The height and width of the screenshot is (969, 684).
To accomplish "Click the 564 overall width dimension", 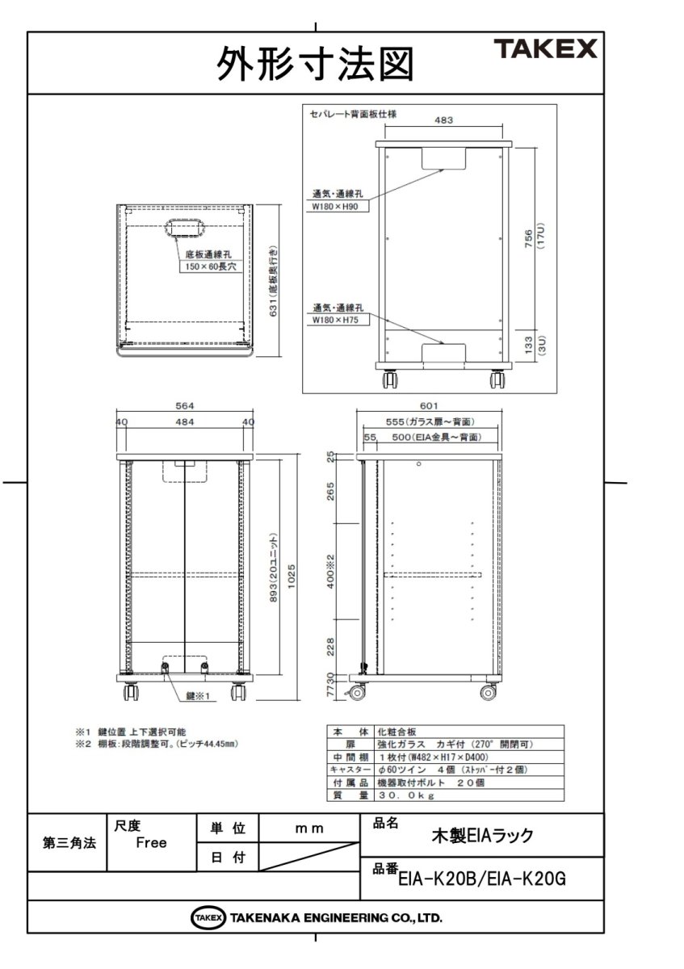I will (185, 406).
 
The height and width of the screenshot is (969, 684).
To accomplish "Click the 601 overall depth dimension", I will (429, 406).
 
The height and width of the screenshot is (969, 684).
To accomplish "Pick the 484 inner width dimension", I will (185, 422).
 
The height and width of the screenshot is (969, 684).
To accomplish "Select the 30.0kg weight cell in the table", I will (407, 795).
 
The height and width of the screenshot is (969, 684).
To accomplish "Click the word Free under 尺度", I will (151, 843).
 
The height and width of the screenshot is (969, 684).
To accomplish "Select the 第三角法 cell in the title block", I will (69, 843).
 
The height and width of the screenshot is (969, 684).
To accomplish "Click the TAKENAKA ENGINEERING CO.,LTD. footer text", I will (335, 918).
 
